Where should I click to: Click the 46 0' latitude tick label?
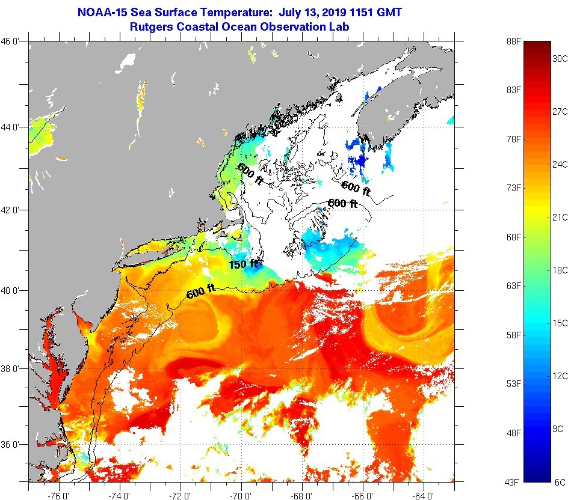[x=13, y=41]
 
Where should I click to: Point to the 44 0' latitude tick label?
[x=13, y=127]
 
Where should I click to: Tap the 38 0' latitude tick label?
[x=13, y=368]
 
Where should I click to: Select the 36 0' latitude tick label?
[x=13, y=445]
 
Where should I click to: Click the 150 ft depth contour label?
[x=243, y=263]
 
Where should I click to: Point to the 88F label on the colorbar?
[x=513, y=41]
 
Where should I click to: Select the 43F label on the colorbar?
[x=513, y=482]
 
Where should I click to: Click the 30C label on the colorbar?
[x=560, y=58]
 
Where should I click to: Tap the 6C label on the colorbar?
[x=560, y=482]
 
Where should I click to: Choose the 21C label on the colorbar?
[x=560, y=217]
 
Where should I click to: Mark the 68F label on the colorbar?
[x=513, y=237]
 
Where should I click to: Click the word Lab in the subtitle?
[x=340, y=26]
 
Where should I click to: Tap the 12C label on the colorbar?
[x=560, y=376]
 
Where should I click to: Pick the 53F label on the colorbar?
[x=513, y=383]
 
